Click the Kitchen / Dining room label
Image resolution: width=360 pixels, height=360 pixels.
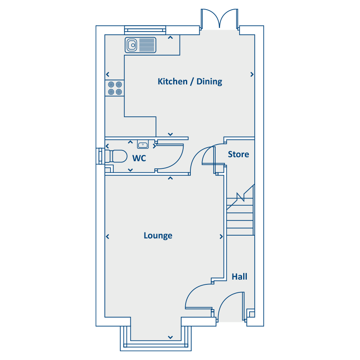190,82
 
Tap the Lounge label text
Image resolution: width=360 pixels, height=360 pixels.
158,236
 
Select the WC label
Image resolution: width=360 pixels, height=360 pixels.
139,158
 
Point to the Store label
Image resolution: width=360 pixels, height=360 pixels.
238,154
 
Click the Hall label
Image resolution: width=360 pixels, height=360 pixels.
240,277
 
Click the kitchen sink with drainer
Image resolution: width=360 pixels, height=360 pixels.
140,45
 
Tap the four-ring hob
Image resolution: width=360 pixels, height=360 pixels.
115,88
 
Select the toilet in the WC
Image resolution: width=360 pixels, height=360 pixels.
116,156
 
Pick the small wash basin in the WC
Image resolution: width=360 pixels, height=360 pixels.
143,144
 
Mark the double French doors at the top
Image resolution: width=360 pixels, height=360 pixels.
220,19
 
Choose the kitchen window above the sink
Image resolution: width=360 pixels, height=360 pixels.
145,30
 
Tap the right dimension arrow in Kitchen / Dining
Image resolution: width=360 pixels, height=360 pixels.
252,74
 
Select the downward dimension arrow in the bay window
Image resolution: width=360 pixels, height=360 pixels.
170,337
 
